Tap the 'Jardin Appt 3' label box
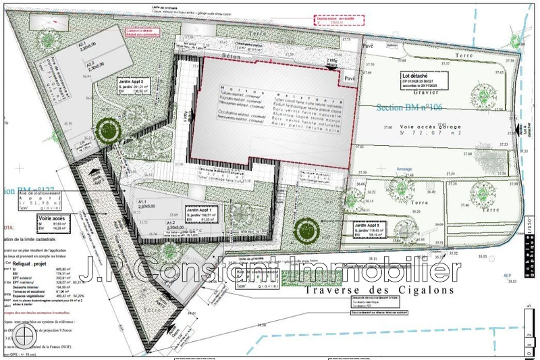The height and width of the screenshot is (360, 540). click(362, 230)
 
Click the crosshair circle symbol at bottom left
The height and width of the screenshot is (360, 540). click(26, 336)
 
